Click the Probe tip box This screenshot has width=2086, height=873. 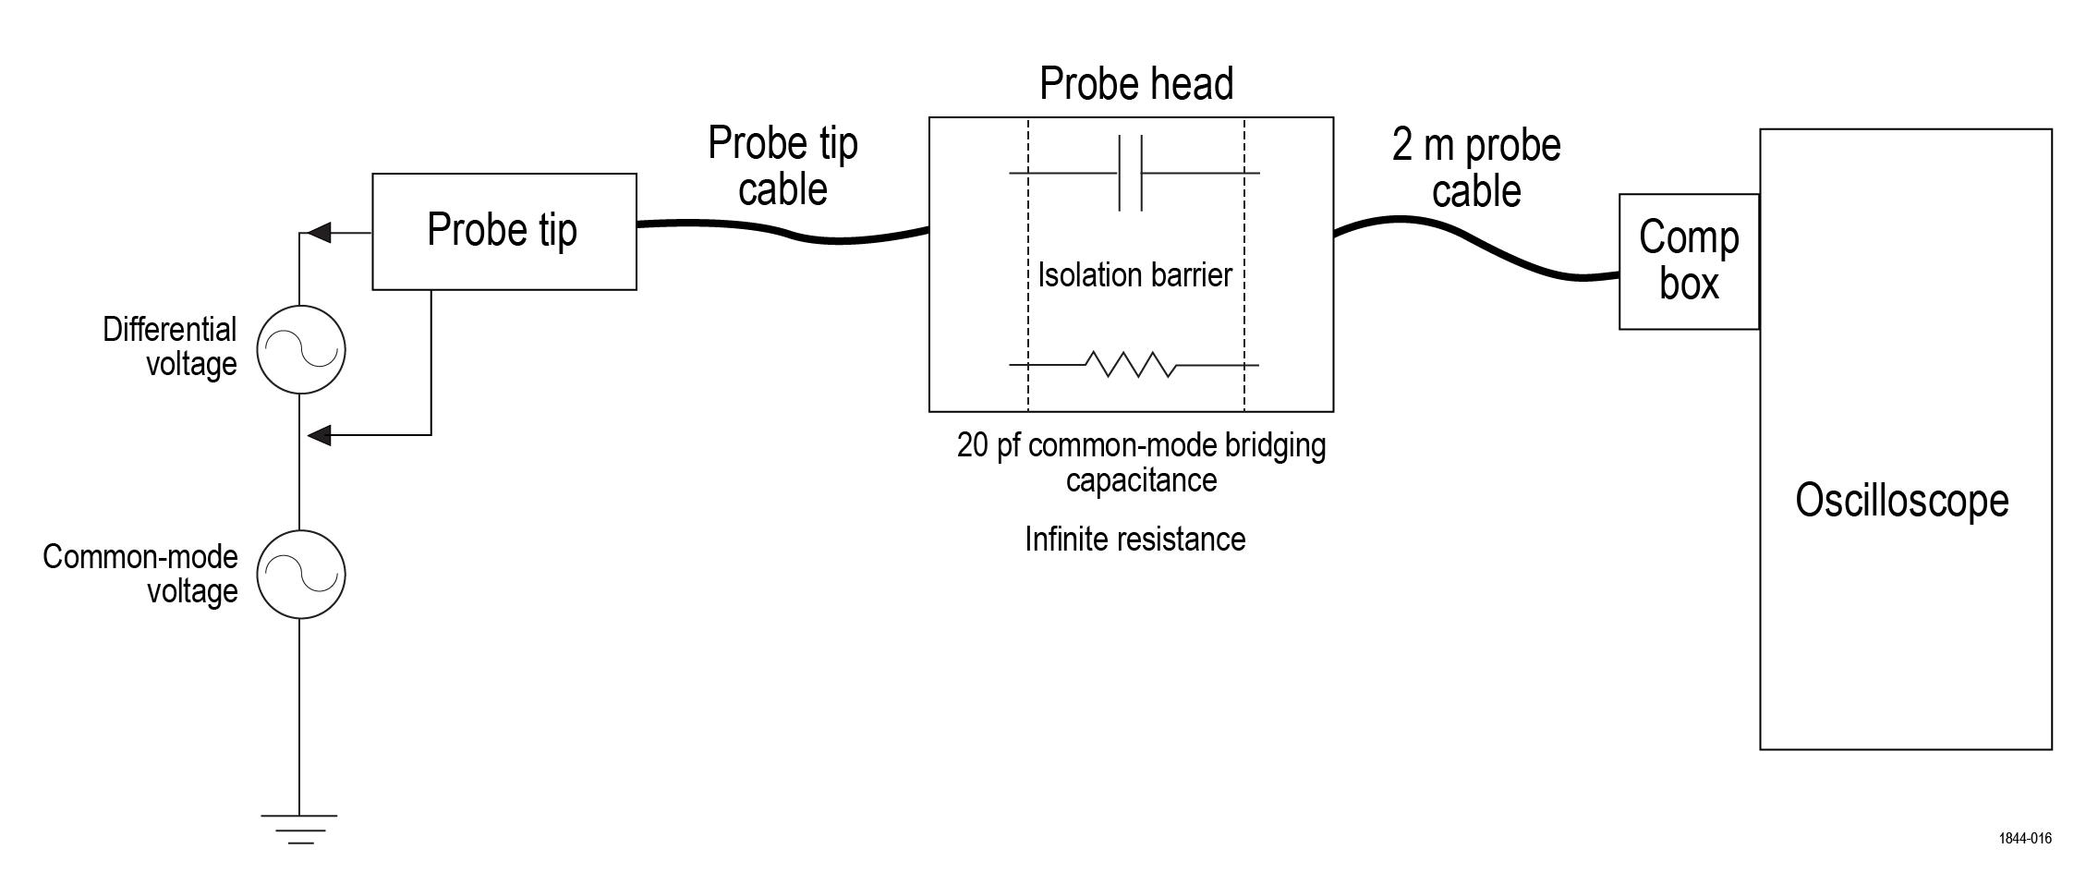click(503, 231)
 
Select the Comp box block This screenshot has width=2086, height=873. click(1688, 261)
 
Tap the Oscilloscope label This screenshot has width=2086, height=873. click(1901, 501)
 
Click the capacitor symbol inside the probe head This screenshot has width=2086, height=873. click(1131, 173)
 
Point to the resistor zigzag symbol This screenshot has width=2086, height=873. click(1130, 365)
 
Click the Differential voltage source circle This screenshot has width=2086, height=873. click(300, 350)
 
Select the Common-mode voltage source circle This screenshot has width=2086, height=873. click(300, 574)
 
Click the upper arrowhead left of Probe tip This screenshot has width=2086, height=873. click(318, 233)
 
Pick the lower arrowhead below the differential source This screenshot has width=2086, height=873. click(318, 434)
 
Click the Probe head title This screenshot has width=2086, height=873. click(1135, 84)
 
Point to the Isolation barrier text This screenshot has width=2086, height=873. click(1134, 275)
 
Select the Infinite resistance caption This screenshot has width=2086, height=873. click(1134, 540)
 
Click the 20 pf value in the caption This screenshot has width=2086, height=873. click(988, 446)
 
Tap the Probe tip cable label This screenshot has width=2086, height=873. click(782, 166)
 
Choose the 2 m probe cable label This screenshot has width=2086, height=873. click(1475, 168)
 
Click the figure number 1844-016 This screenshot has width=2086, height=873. click(2025, 839)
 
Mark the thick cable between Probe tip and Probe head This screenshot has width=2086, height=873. click(785, 231)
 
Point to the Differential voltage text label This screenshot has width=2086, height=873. click(170, 346)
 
